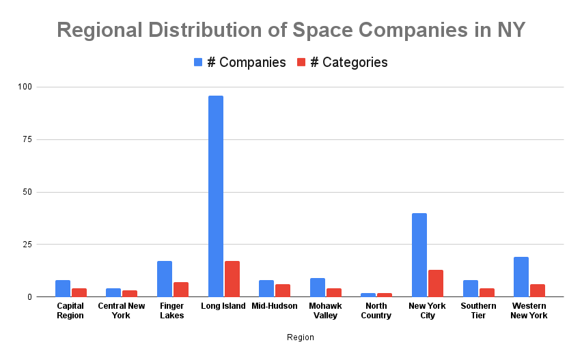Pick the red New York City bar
click(x=436, y=283)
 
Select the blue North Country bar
click(x=368, y=294)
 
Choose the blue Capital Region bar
click(x=63, y=288)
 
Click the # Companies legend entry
click(x=240, y=62)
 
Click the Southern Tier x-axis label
click(x=478, y=310)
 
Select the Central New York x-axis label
click(x=122, y=310)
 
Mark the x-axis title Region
click(x=300, y=337)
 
